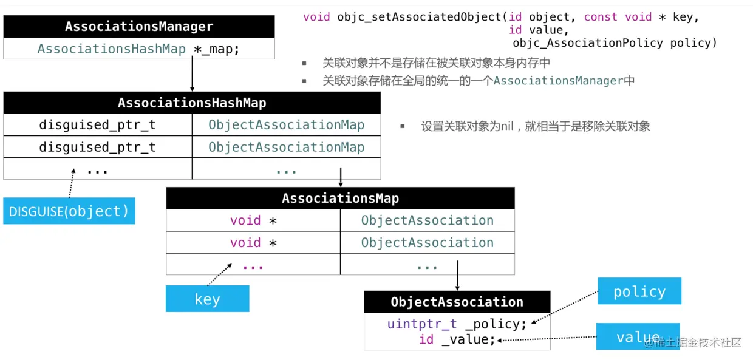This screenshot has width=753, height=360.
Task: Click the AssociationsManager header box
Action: tap(139, 27)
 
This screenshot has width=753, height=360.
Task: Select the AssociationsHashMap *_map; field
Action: tap(139, 49)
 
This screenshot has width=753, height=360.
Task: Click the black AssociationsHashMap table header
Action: tap(192, 103)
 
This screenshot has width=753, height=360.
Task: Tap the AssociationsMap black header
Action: tap(340, 199)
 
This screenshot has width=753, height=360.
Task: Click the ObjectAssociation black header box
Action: tap(457, 302)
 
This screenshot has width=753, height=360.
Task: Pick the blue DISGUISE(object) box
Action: tap(69, 211)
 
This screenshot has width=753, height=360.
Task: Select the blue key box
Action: tap(207, 299)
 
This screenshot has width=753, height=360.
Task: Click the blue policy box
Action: tap(639, 291)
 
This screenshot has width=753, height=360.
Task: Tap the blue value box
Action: tap(638, 337)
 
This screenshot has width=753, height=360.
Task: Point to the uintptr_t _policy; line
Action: tap(457, 324)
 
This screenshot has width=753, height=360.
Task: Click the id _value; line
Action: tap(457, 339)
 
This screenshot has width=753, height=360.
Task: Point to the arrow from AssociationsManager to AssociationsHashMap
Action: tap(192, 75)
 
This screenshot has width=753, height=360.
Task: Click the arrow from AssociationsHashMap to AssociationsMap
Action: tap(340, 177)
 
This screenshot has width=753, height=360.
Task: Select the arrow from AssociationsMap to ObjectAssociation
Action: tap(457, 276)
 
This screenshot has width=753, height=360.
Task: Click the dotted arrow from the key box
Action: tap(219, 274)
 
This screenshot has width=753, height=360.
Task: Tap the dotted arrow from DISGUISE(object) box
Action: tap(72, 183)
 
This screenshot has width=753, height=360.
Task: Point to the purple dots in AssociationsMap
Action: tap(253, 265)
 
